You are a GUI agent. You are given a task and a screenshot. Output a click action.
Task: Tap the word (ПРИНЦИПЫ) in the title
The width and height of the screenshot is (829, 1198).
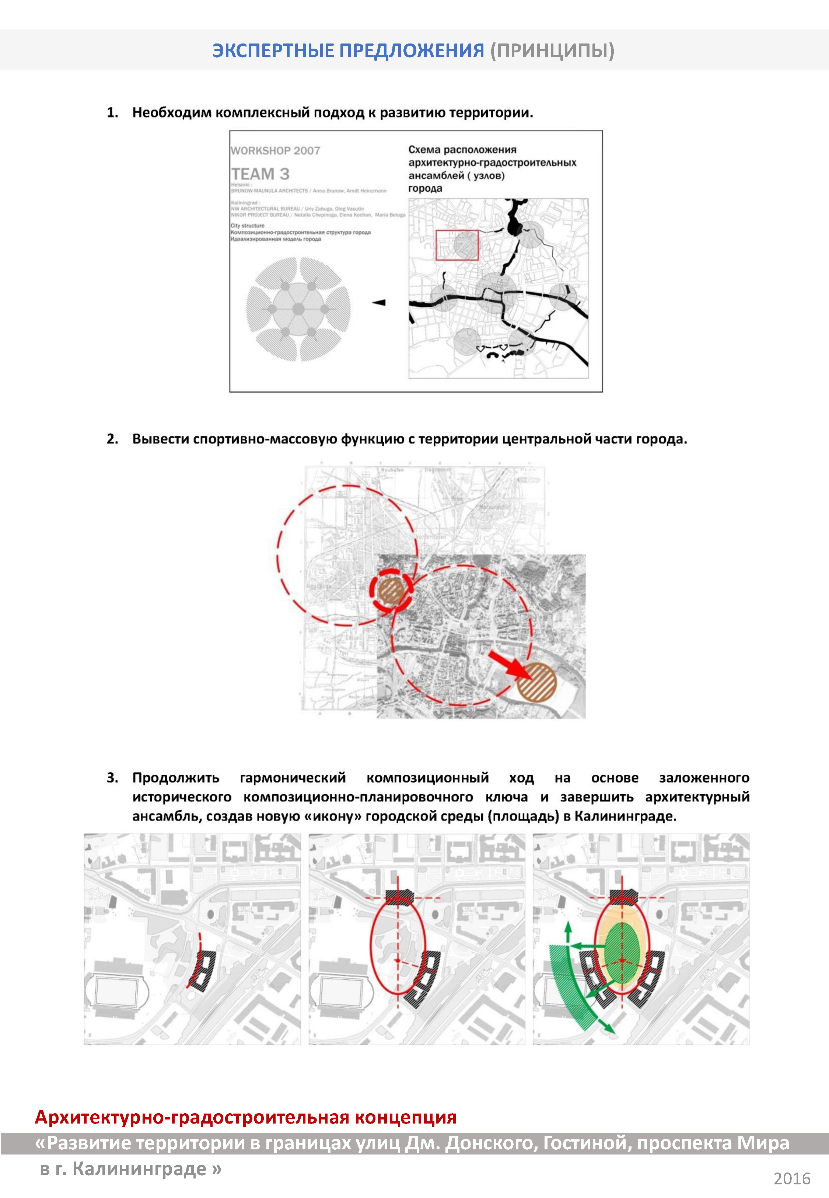[x=552, y=51]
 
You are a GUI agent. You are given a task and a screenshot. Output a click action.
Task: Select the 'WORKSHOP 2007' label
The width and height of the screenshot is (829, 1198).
[x=275, y=151]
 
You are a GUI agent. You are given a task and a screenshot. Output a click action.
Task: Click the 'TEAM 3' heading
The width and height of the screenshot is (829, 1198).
[x=260, y=174]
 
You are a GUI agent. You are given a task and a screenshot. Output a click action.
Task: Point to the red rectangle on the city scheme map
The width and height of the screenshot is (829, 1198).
[x=457, y=245]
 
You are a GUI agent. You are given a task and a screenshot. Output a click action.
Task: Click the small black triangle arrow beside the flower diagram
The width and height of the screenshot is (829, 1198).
[x=380, y=302]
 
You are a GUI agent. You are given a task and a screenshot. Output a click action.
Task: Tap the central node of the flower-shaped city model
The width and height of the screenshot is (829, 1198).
[x=298, y=310]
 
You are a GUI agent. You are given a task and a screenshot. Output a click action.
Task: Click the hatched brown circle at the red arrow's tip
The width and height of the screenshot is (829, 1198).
[x=536, y=682]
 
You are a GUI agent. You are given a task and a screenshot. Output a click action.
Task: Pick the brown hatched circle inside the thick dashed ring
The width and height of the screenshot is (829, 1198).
[x=391, y=590]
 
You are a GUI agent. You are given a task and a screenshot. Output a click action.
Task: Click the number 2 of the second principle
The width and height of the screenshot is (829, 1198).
[x=112, y=439]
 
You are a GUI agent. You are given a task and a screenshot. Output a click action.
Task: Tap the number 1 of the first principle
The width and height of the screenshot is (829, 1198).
[x=112, y=113]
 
